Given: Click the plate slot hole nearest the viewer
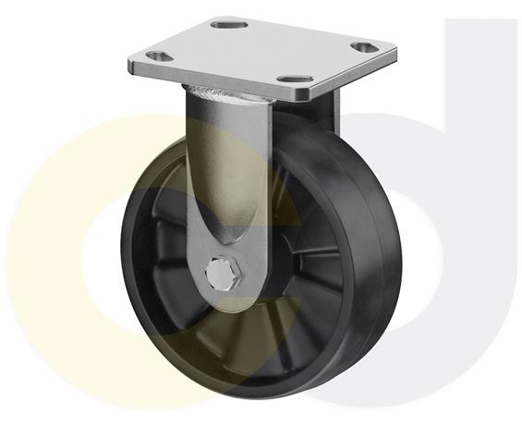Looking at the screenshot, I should (293, 80).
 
